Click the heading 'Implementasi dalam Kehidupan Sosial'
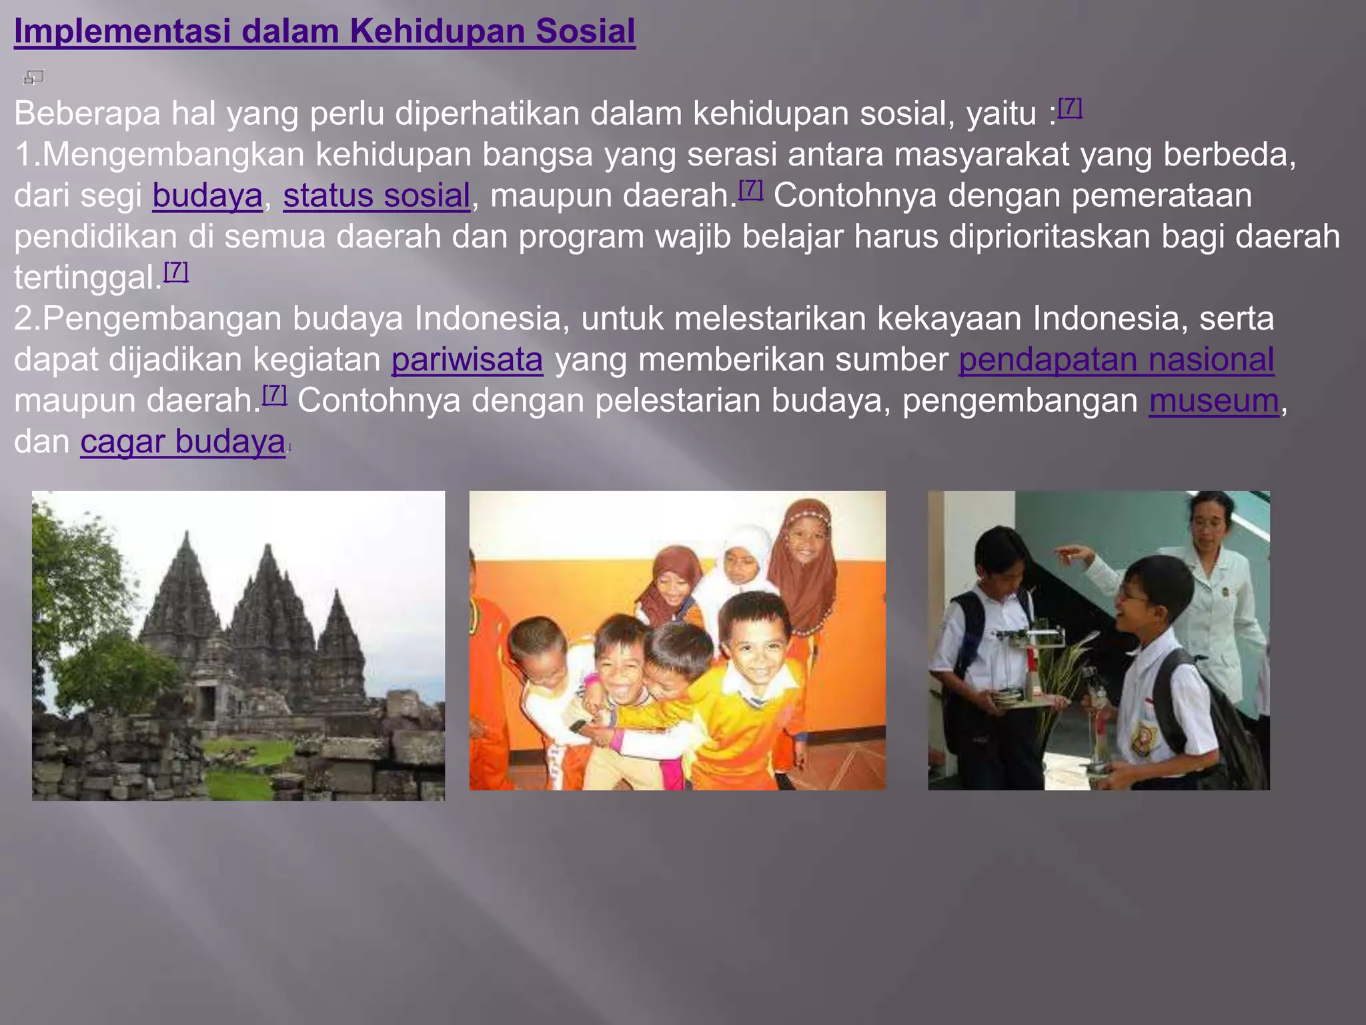pyautogui.click(x=324, y=31)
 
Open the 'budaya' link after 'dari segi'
pyautogui.click(x=207, y=196)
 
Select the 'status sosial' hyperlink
pyautogui.click(x=376, y=196)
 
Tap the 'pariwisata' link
pyautogui.click(x=467, y=360)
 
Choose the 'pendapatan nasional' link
pyautogui.click(x=1116, y=360)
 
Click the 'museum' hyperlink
pyautogui.click(x=1214, y=400)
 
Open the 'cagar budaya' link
pyautogui.click(x=183, y=442)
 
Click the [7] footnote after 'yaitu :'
pyautogui.click(x=1070, y=107)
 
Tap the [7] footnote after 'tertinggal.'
pyautogui.click(x=176, y=271)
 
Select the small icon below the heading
pyautogui.click(x=33, y=77)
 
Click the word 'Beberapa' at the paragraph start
pyautogui.click(x=87, y=113)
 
